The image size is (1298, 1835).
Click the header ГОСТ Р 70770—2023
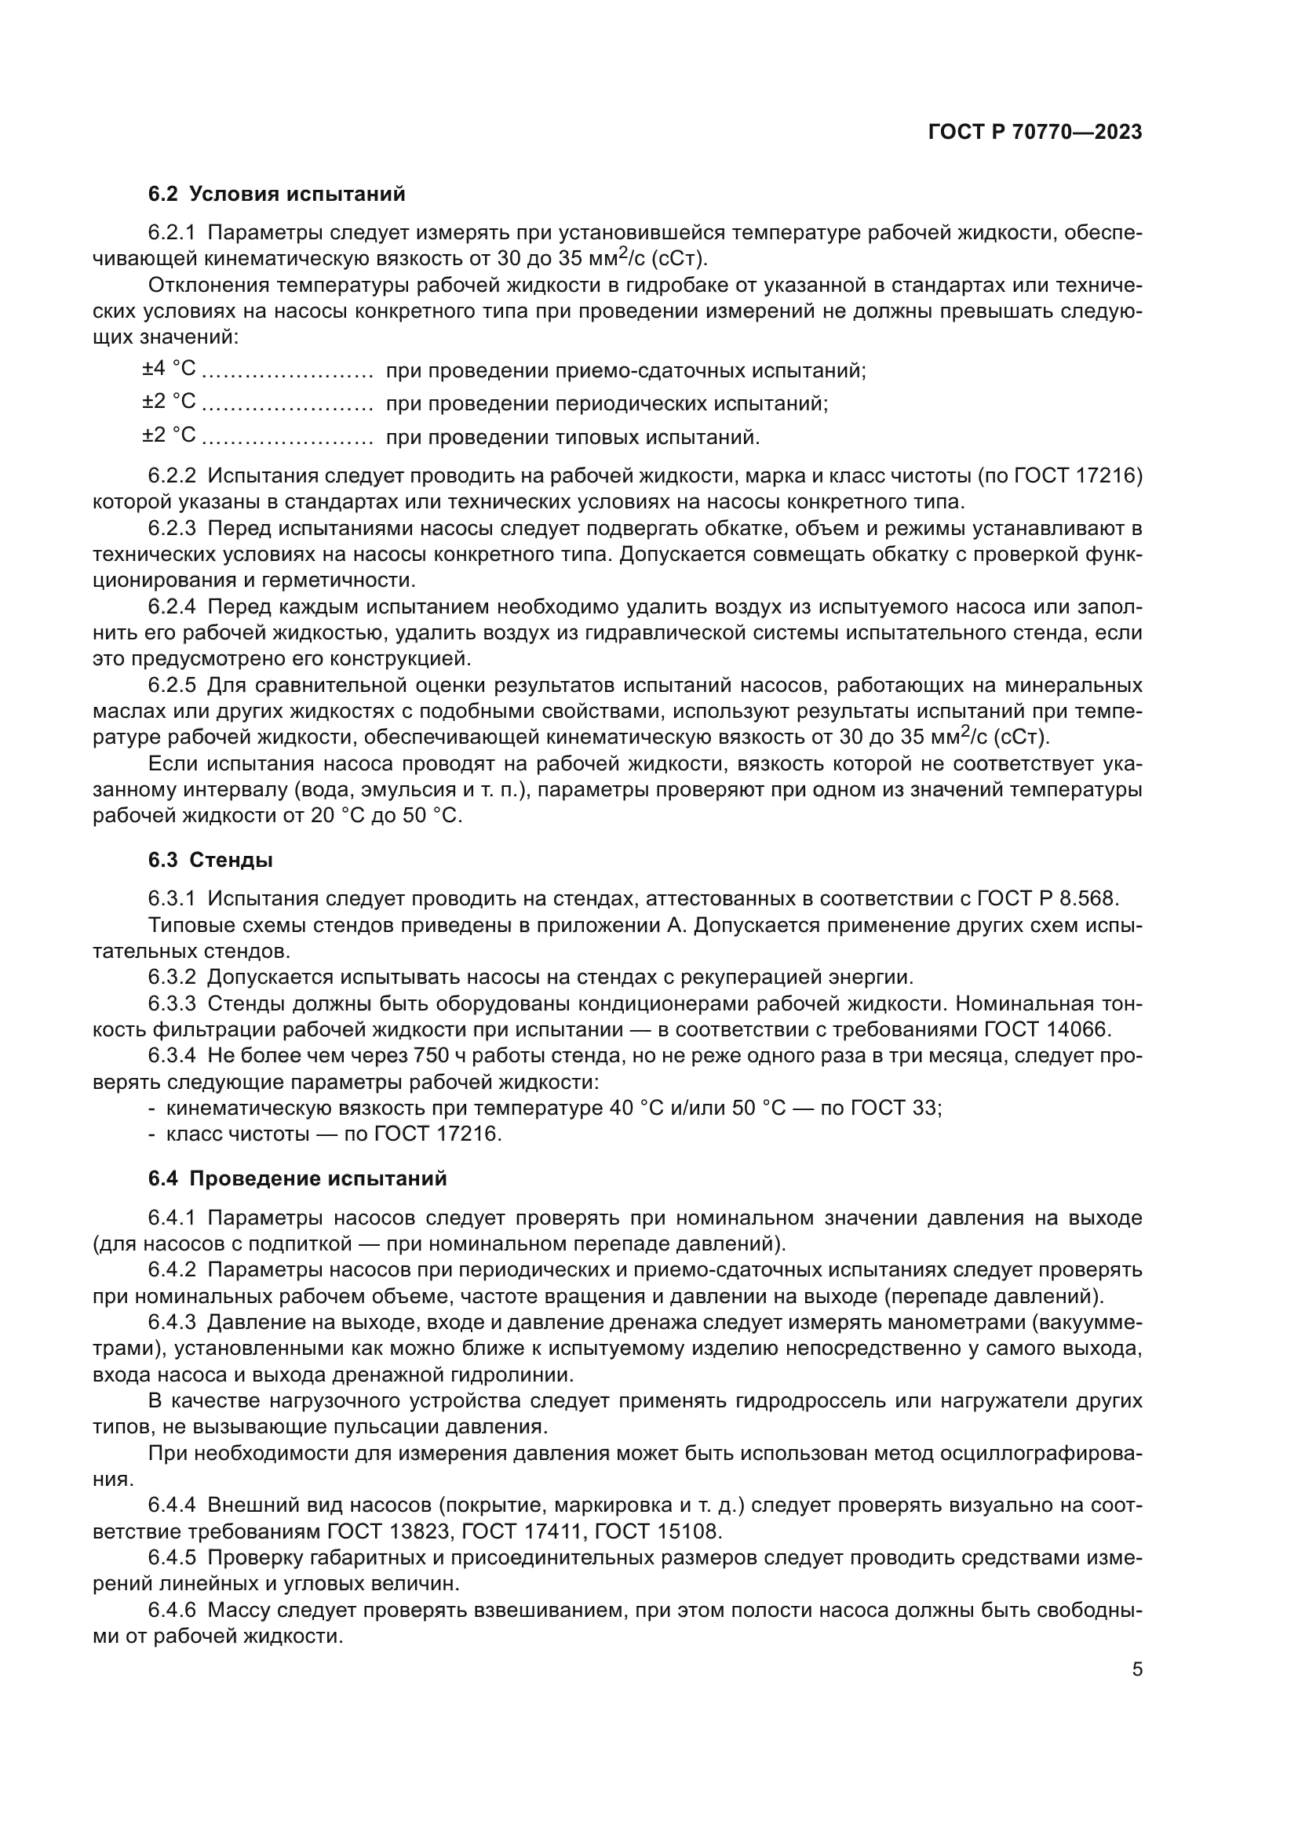1035,133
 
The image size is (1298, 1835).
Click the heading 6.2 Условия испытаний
276,195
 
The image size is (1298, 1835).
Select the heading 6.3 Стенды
210,860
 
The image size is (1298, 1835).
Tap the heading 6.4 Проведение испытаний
297,1179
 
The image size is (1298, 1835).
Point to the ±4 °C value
169,369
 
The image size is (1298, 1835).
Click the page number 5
1137,1669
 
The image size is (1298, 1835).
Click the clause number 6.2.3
172,528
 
